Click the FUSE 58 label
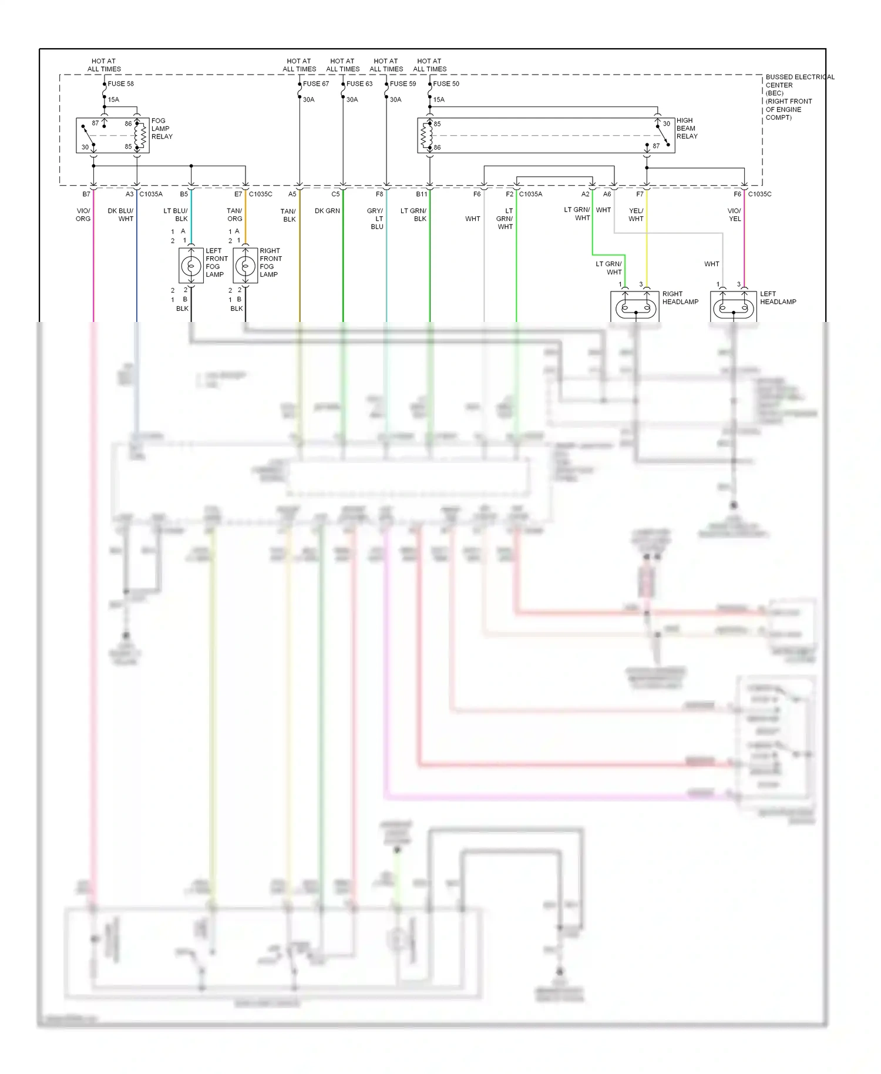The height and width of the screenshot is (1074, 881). coord(120,83)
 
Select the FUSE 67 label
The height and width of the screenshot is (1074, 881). coord(316,83)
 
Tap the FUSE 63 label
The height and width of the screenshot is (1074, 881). coord(359,83)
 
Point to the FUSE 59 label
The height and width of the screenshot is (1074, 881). coord(403,83)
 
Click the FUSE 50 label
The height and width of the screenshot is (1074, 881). coord(446,83)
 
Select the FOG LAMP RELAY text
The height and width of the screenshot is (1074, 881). coord(162,129)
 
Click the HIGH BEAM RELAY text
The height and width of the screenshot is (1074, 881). coord(687,128)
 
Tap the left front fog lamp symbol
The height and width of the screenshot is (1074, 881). coord(190,266)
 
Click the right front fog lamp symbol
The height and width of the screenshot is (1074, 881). coord(245,266)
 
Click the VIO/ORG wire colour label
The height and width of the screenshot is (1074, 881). coord(83,214)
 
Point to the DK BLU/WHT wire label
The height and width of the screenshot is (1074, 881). coord(121,214)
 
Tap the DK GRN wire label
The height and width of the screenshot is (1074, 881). coord(327,211)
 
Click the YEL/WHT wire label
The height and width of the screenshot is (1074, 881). coord(636,214)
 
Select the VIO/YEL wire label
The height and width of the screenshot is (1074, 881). coord(734,214)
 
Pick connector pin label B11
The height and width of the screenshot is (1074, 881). coord(421,194)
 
